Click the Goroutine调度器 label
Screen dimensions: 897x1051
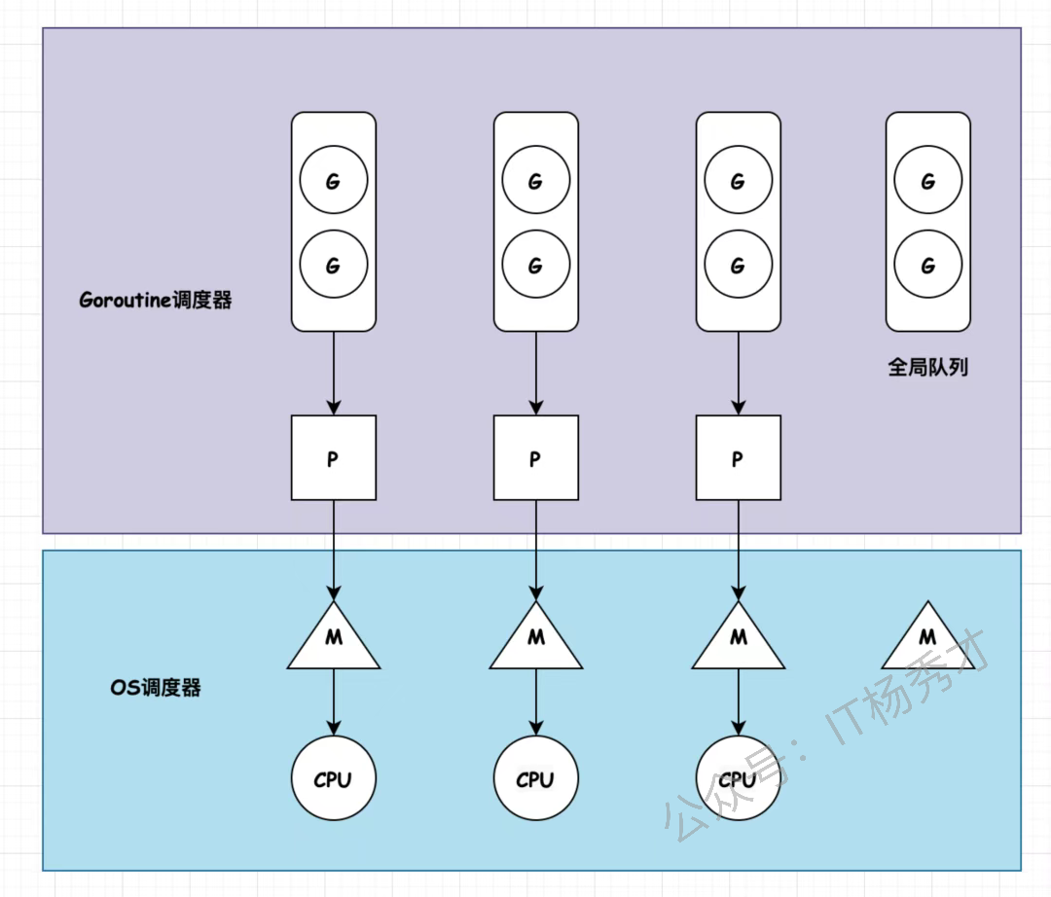pos(156,300)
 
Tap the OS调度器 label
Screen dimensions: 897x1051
pos(156,688)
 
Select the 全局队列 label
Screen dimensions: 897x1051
pos(927,367)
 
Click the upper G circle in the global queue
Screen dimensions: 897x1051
pos(927,181)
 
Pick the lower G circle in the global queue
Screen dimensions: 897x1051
pos(927,265)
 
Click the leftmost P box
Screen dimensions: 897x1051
pos(333,458)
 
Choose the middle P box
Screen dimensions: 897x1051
pos(535,458)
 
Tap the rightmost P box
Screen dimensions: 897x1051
pos(737,458)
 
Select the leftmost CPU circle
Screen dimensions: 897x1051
pos(333,779)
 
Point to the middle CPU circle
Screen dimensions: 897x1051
pos(535,779)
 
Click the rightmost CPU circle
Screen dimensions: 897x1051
pos(737,779)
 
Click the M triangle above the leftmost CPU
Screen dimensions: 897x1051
pos(333,639)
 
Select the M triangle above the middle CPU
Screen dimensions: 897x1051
pos(535,639)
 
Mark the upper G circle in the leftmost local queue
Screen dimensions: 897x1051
pos(333,181)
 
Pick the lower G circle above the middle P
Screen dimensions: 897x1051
pos(535,265)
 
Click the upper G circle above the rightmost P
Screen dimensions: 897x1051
pos(737,181)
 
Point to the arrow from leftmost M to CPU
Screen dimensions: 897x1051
pos(333,702)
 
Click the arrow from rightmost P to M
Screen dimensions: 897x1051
pos(737,550)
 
